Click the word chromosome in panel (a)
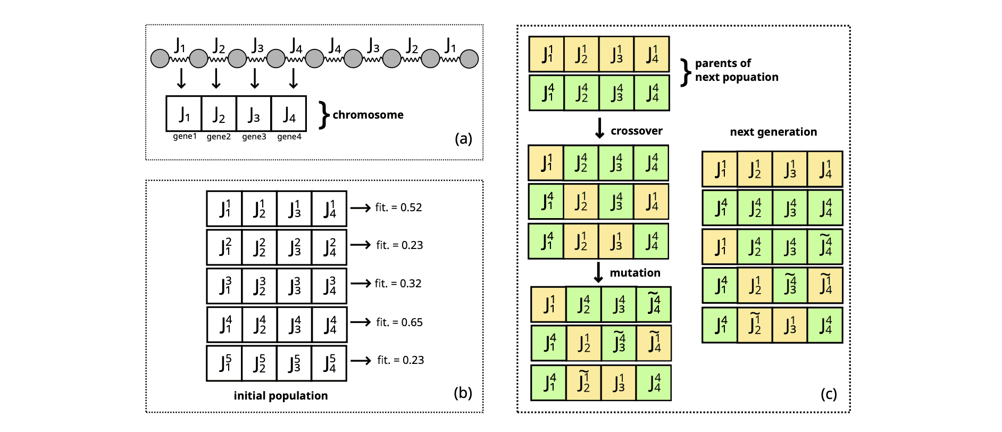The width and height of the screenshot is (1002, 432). click(x=368, y=115)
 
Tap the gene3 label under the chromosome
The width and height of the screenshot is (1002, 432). click(x=254, y=137)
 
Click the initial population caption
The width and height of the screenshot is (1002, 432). click(x=280, y=396)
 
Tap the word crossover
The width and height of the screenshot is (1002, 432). click(x=636, y=131)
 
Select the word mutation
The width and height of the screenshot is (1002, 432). click(x=634, y=273)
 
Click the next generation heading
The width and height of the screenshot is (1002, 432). click(x=773, y=132)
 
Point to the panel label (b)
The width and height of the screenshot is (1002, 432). click(x=463, y=393)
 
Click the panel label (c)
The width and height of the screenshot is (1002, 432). click(x=828, y=394)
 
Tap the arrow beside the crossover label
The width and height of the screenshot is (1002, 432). click(x=599, y=128)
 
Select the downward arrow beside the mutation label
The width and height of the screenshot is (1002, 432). click(x=598, y=272)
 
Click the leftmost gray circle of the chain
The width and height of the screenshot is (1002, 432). click(x=160, y=59)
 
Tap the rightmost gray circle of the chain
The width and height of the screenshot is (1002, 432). click(x=469, y=59)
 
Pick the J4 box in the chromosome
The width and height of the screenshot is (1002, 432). click(x=289, y=114)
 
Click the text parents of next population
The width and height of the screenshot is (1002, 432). click(x=736, y=70)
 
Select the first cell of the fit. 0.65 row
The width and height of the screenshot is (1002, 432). click(x=224, y=325)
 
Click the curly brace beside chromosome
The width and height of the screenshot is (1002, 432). click(x=323, y=115)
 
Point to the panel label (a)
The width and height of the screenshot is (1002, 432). click(x=463, y=139)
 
